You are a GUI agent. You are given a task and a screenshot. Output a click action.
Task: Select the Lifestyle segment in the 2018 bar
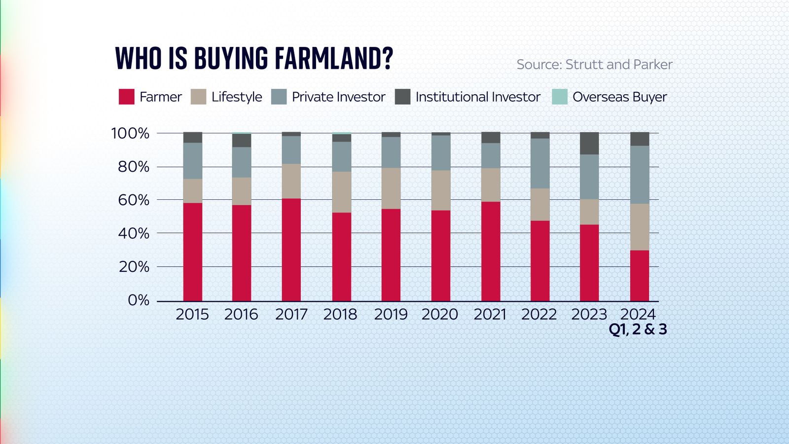click(341, 192)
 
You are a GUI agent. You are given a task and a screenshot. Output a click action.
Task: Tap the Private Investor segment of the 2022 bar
click(540, 163)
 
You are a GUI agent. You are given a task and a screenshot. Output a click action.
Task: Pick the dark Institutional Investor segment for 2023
click(589, 144)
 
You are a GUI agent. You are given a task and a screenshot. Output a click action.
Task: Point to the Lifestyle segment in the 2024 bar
click(640, 227)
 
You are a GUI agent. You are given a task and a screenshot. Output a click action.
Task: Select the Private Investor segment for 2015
click(192, 161)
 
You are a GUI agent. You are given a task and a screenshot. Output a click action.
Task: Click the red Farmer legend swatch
click(127, 97)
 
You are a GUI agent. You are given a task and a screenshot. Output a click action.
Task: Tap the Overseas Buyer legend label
click(619, 97)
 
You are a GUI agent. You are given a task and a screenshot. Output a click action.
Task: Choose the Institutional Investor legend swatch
click(403, 97)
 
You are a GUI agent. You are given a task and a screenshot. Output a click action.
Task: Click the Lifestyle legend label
click(237, 97)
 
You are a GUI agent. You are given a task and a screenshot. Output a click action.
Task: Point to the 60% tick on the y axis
click(134, 200)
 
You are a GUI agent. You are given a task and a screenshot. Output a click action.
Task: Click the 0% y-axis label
click(138, 300)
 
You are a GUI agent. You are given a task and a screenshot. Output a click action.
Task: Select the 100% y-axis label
click(130, 133)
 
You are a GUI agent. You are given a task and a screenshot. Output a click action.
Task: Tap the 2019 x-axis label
click(391, 314)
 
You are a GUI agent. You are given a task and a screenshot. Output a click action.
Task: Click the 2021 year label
click(490, 314)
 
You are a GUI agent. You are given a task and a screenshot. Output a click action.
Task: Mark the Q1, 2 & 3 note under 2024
click(638, 329)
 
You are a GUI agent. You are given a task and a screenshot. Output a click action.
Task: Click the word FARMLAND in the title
click(333, 59)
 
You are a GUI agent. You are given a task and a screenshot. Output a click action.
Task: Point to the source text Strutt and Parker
click(619, 65)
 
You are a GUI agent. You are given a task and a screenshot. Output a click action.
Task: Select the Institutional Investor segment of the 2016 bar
click(242, 141)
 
